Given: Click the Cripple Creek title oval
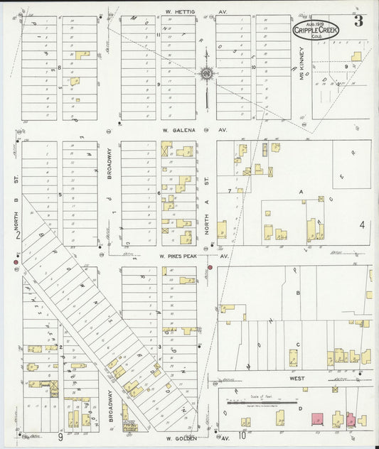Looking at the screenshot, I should click(316, 29).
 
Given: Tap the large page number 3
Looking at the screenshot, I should click(358, 21).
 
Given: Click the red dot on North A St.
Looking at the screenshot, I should click(210, 267).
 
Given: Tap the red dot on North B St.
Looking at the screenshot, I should click(16, 263).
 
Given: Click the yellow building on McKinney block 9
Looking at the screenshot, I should click(356, 56).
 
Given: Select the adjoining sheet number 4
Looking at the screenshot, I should click(362, 225).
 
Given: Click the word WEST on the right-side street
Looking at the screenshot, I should click(297, 379).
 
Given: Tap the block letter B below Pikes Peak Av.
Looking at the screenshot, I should click(298, 293).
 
